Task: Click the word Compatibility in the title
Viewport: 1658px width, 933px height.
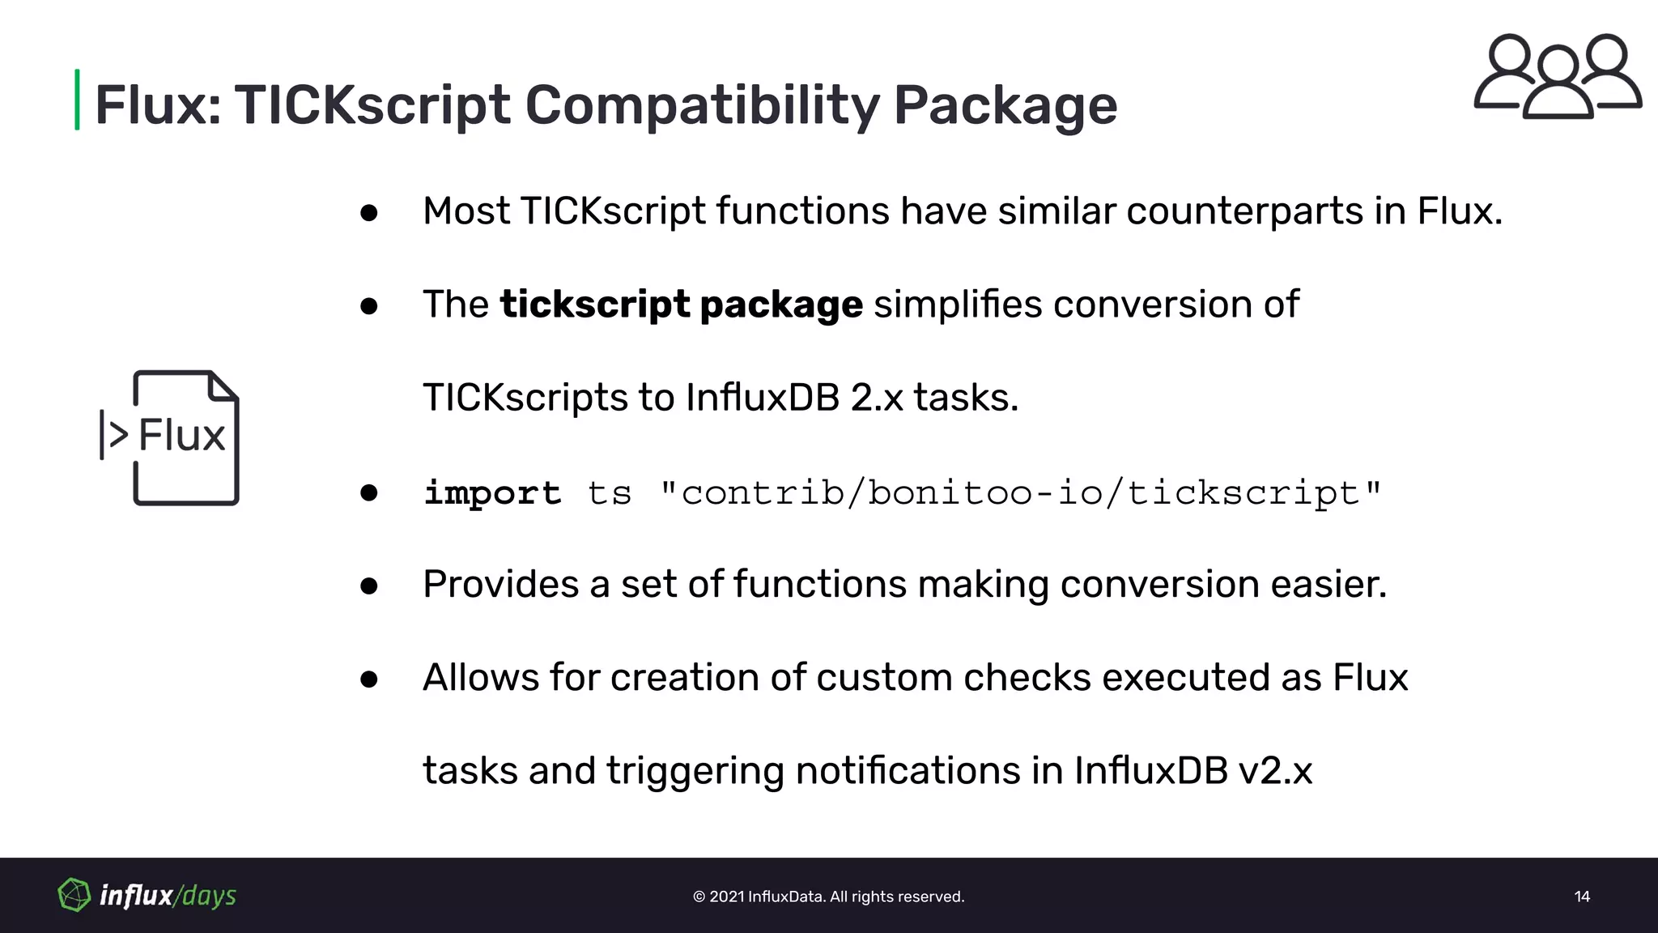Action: (x=701, y=106)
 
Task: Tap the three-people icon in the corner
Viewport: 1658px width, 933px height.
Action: (x=1557, y=76)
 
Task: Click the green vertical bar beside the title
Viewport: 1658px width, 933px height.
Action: (x=77, y=100)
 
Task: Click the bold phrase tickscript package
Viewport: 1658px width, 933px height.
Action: (x=682, y=305)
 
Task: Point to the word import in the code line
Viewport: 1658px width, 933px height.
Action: (x=492, y=493)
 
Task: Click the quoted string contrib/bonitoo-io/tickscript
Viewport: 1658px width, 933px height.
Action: (x=1020, y=493)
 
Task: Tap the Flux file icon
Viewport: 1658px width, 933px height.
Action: (x=170, y=437)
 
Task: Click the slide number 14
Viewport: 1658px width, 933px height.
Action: (x=1582, y=897)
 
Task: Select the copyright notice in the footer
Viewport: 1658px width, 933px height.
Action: (x=828, y=897)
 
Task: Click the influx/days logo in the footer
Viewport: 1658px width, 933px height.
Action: (x=147, y=895)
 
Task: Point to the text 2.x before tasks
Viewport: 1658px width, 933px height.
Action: (x=876, y=398)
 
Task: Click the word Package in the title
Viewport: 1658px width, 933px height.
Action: (x=1005, y=106)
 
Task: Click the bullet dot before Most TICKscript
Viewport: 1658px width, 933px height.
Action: (x=369, y=213)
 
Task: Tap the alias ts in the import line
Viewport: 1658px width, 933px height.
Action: (x=609, y=493)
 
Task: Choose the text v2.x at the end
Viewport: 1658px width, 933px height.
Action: (x=1275, y=771)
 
